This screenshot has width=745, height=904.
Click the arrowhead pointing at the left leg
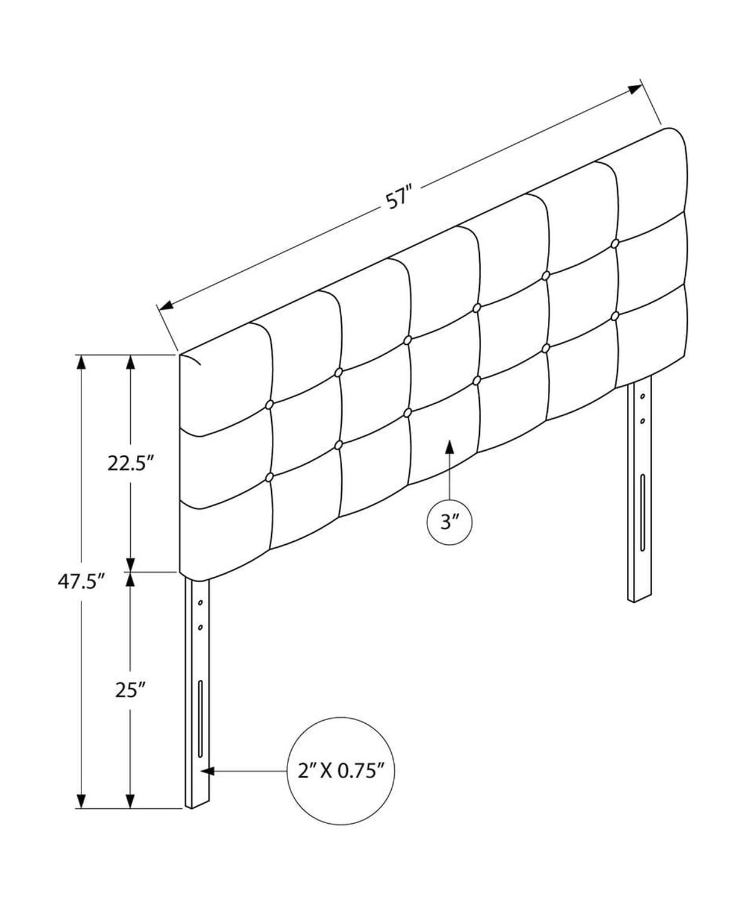pyautogui.click(x=207, y=771)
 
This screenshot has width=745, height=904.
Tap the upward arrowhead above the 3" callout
pyautogui.click(x=449, y=447)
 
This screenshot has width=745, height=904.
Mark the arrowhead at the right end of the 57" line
pyautogui.click(x=635, y=90)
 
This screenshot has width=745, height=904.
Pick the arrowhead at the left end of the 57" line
pyautogui.click(x=166, y=306)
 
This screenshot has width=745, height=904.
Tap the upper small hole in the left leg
pyautogui.click(x=200, y=603)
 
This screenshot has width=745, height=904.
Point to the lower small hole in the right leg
pyautogui.click(x=643, y=421)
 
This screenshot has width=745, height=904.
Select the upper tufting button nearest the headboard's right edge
pyautogui.click(x=615, y=243)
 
